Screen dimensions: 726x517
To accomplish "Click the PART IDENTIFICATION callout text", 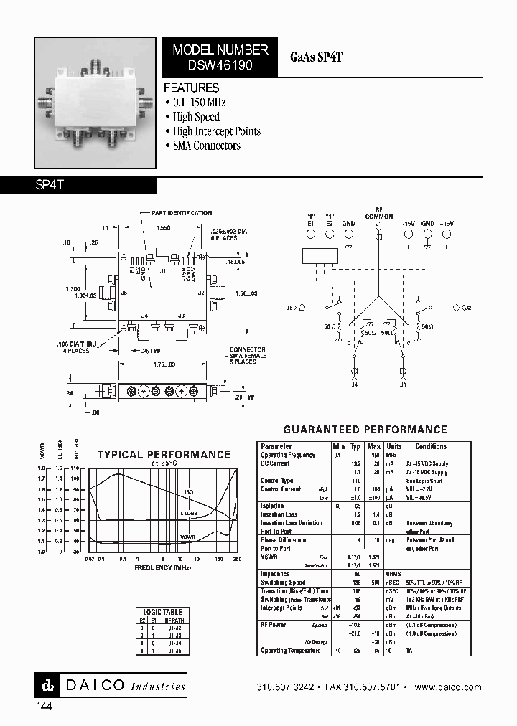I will [x=182, y=213].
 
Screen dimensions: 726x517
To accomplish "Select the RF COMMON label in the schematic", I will [x=378, y=213].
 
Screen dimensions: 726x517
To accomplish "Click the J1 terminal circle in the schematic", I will [x=378, y=233].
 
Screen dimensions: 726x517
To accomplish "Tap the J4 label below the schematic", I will [x=354, y=385].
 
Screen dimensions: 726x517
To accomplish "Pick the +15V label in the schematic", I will [x=447, y=223].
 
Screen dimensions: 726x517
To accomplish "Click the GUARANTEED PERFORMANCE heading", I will [x=365, y=430].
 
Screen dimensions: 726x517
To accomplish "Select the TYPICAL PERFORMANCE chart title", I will [x=164, y=455].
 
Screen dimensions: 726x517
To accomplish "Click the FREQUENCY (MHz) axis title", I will [x=164, y=567].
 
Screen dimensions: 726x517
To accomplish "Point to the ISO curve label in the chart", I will [x=189, y=492].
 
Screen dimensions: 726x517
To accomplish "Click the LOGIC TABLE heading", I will [x=164, y=612].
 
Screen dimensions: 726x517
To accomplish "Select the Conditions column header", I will [x=430, y=446].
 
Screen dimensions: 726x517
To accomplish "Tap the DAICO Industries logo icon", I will [x=44, y=685].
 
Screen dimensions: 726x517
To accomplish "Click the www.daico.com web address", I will [x=448, y=687].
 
